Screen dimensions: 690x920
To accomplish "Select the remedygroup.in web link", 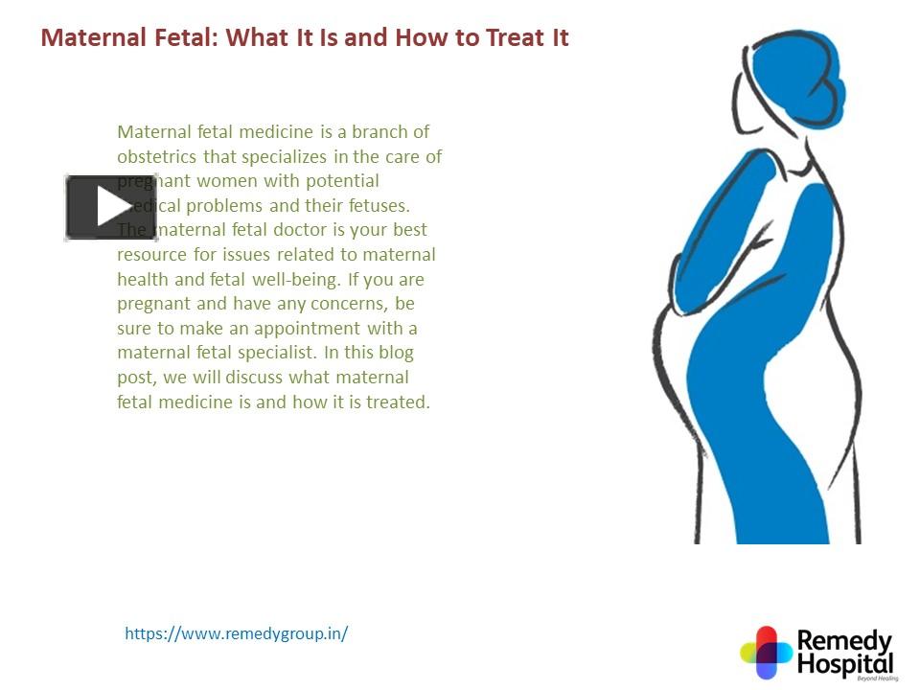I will [x=236, y=633].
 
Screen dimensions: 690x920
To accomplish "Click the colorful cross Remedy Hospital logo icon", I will [x=766, y=653].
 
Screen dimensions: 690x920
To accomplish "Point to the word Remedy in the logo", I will [x=844, y=641].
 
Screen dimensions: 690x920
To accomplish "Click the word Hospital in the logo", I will [x=846, y=664].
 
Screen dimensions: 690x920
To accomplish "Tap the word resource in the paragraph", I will [x=151, y=255].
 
